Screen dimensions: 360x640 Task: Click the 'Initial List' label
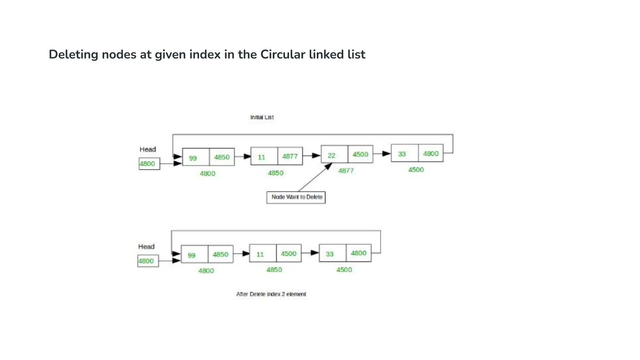(262, 117)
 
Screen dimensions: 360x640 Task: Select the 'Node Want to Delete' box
(296, 197)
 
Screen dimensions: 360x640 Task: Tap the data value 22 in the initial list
(332, 155)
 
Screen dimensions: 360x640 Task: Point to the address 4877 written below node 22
(346, 171)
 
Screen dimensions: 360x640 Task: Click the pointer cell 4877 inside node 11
(290, 156)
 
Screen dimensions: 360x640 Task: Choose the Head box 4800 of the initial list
(149, 164)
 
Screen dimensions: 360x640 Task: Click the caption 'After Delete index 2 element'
(271, 294)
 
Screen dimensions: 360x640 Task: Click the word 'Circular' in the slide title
(283, 54)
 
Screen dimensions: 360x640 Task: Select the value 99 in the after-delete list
(192, 255)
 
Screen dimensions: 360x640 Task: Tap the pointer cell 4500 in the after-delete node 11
(288, 253)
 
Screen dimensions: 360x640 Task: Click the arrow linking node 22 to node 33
(382, 154)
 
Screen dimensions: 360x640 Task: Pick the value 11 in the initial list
(261, 157)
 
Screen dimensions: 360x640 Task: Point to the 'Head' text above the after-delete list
(146, 247)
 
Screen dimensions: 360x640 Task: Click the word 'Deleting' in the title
(73, 54)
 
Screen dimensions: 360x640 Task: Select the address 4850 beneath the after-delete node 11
(274, 270)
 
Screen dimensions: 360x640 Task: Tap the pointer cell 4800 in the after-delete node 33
(358, 253)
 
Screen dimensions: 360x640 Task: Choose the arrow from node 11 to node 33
(310, 253)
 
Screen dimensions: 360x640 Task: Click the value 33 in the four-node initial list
(402, 154)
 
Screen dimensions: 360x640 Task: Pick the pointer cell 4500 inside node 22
(360, 154)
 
